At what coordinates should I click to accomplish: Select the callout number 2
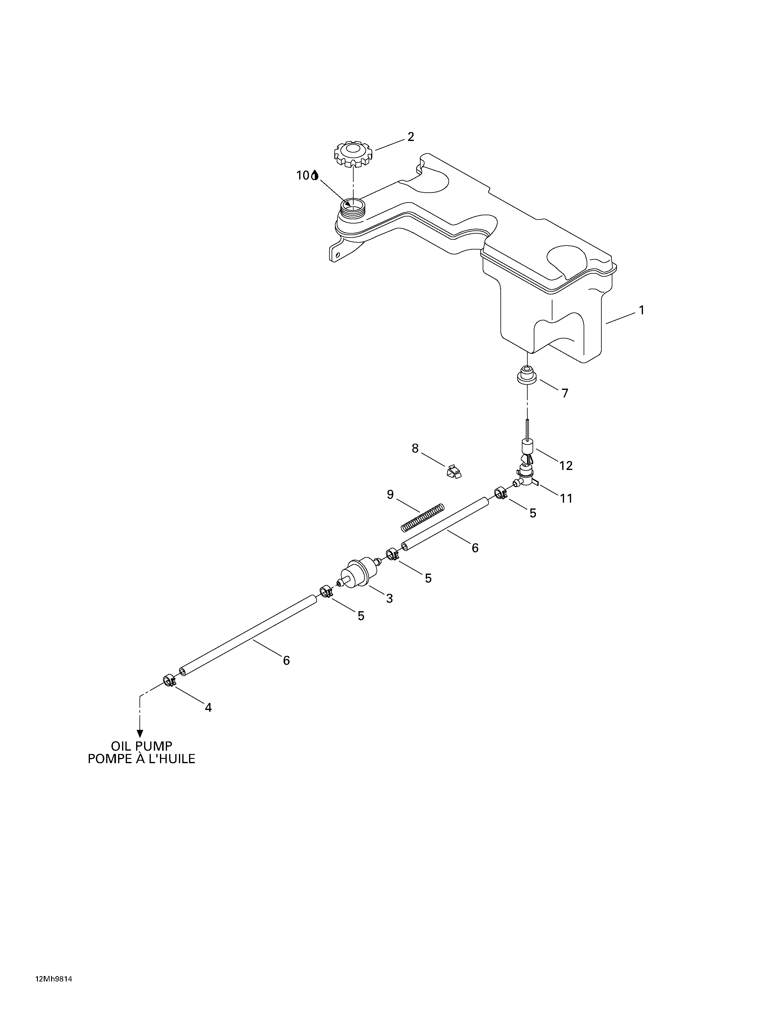(x=410, y=137)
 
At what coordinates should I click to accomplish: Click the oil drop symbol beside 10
(x=315, y=175)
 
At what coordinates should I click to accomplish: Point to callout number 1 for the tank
(x=641, y=310)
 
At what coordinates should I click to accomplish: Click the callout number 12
(x=566, y=466)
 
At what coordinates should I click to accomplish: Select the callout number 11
(x=566, y=498)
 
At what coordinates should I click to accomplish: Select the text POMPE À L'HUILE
(x=141, y=759)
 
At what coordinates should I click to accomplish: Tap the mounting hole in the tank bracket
(x=337, y=255)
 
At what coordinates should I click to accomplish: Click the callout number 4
(x=208, y=707)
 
